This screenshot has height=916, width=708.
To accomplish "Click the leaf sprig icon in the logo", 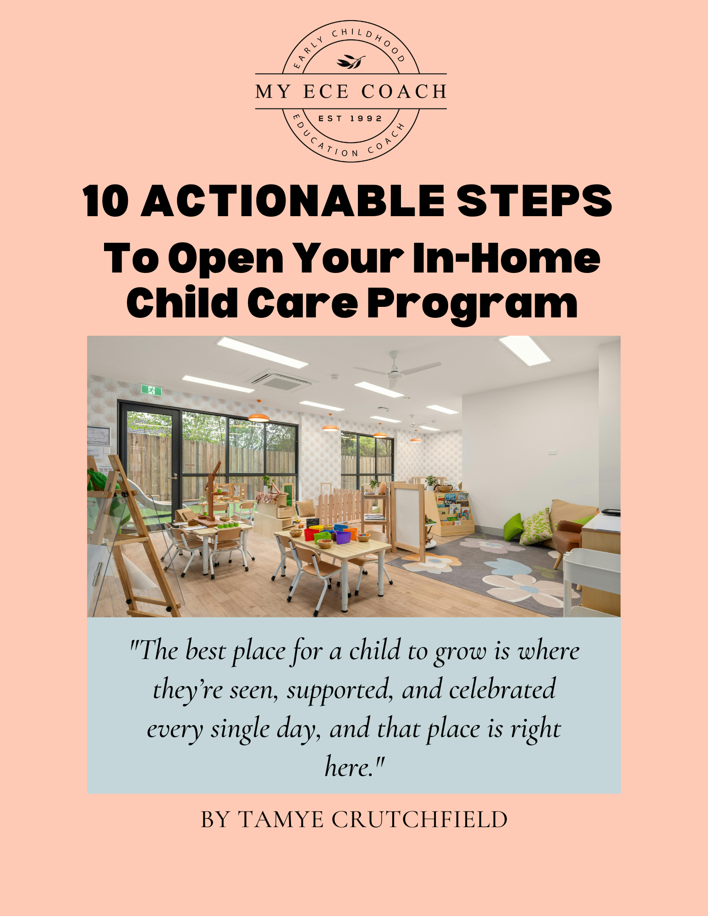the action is [351, 62].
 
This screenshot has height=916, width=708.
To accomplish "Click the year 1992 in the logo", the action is [366, 119].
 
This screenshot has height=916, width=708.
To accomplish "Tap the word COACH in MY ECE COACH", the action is [404, 92].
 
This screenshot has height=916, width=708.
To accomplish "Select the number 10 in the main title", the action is [106, 201].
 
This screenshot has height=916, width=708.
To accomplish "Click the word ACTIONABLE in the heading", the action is [293, 201].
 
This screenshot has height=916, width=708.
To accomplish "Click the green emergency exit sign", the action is [151, 390].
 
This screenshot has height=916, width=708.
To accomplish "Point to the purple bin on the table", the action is [343, 537].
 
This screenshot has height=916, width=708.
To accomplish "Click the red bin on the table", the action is [311, 534].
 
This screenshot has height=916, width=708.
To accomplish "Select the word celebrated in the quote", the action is [502, 689].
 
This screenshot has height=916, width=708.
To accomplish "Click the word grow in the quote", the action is [460, 652].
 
